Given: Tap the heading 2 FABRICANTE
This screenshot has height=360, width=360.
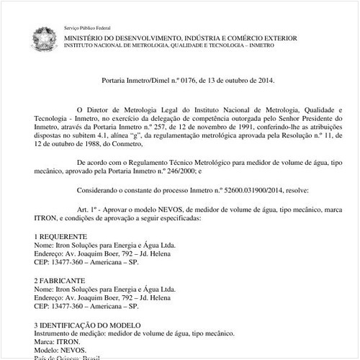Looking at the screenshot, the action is [59, 279].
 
